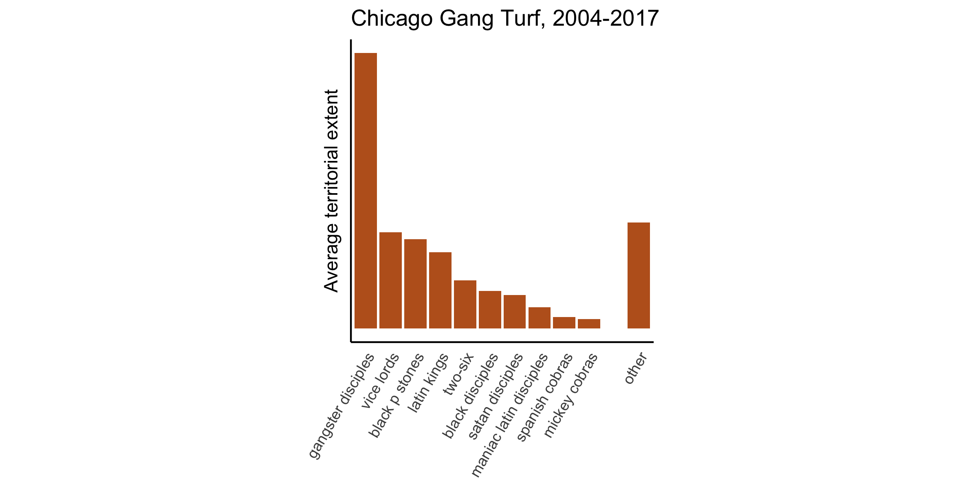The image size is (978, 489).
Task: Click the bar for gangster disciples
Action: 366,190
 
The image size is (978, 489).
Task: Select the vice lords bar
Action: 390,280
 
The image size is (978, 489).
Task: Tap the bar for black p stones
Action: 415,284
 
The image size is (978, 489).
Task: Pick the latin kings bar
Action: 440,290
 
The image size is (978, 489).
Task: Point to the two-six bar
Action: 465,304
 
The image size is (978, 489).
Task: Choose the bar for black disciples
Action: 490,309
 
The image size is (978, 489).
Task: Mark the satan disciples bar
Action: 515,311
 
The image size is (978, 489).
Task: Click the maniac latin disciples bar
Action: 540,317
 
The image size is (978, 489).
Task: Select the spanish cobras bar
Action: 564,322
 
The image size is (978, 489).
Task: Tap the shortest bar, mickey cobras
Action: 589,324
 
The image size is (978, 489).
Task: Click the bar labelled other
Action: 639,275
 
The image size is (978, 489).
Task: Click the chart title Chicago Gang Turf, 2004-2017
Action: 505,19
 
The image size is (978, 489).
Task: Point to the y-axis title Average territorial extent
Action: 332,191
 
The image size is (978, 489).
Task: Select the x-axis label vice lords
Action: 380,381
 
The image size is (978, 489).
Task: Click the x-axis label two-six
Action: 460,374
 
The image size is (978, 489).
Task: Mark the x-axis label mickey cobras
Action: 571,395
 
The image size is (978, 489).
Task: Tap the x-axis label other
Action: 636,369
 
